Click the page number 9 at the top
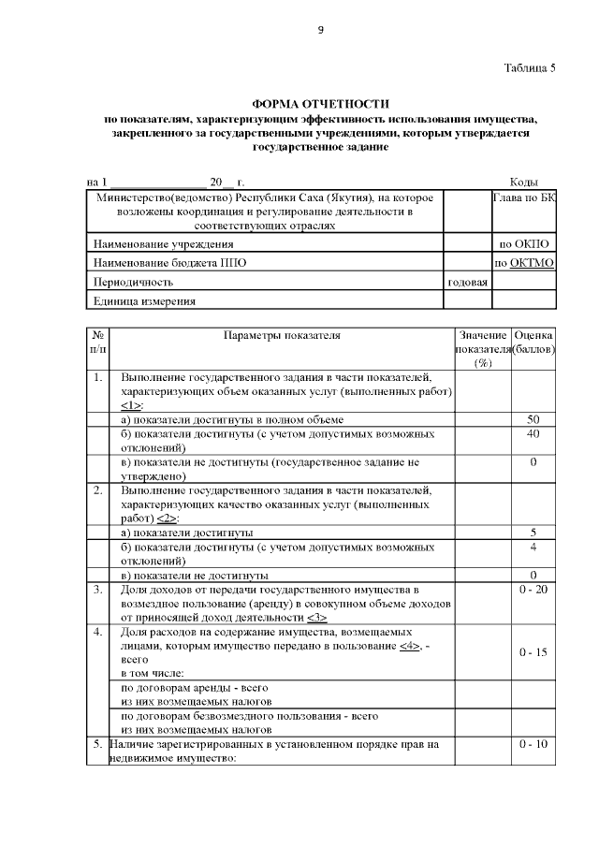pyautogui.click(x=320, y=30)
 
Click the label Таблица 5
pyautogui.click(x=529, y=67)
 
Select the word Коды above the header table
pyautogui.click(x=522, y=181)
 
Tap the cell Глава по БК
pyautogui.click(x=524, y=198)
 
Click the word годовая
pyautogui.click(x=468, y=282)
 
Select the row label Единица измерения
pyautogui.click(x=144, y=300)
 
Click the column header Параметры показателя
pyautogui.click(x=282, y=335)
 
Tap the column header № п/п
pyautogui.click(x=98, y=342)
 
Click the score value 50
pyautogui.click(x=533, y=419)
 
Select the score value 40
pyautogui.click(x=533, y=434)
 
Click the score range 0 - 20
pyautogui.click(x=533, y=590)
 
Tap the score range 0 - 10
pyautogui.click(x=533, y=744)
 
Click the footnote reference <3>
pyautogui.click(x=316, y=618)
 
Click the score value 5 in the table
pyautogui.click(x=533, y=532)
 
